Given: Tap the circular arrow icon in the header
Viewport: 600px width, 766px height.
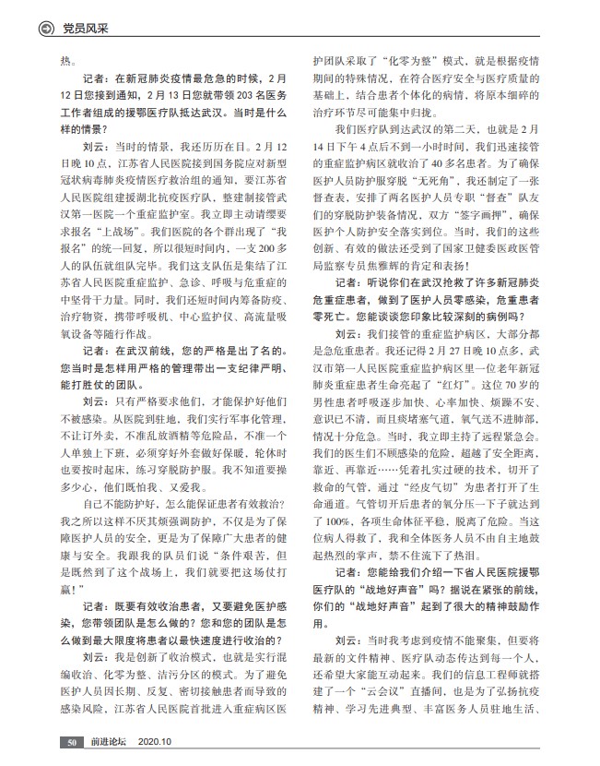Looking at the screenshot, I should click(x=44, y=29).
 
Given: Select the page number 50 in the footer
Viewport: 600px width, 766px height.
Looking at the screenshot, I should click(x=72, y=741).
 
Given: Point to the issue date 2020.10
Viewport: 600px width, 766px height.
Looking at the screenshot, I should click(x=156, y=741).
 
